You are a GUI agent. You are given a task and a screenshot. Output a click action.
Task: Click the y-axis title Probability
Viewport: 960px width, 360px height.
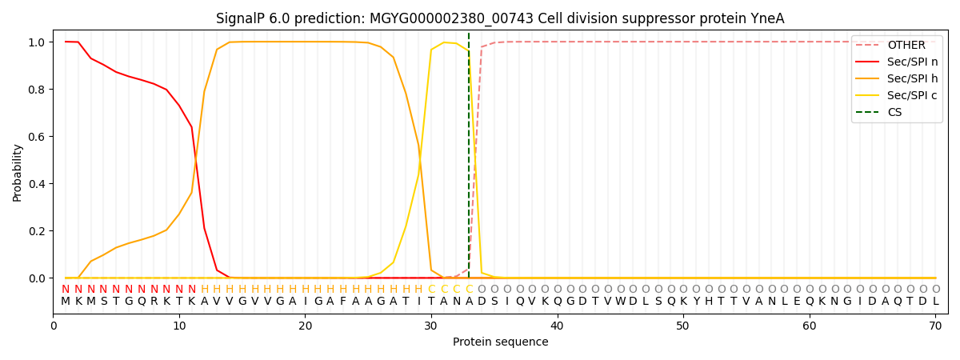click(x=18, y=172)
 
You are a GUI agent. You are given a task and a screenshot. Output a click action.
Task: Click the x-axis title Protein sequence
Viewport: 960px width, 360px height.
click(x=501, y=342)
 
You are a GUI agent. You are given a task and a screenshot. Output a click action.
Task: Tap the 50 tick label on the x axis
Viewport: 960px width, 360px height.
click(x=683, y=326)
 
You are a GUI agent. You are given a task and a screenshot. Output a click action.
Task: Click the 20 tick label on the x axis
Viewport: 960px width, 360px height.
click(x=305, y=326)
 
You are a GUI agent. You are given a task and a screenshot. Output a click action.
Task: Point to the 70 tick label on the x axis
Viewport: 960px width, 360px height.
click(x=935, y=326)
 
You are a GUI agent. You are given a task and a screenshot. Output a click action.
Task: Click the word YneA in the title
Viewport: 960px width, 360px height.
click(x=770, y=18)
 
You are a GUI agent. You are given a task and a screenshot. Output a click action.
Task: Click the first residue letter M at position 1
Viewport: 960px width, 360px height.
click(x=66, y=302)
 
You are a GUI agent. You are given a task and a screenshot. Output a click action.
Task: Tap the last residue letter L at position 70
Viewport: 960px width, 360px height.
click(x=935, y=302)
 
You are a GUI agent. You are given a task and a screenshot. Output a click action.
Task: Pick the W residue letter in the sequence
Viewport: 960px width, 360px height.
click(x=621, y=302)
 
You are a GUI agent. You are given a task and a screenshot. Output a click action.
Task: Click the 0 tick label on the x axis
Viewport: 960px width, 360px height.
click(x=54, y=326)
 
